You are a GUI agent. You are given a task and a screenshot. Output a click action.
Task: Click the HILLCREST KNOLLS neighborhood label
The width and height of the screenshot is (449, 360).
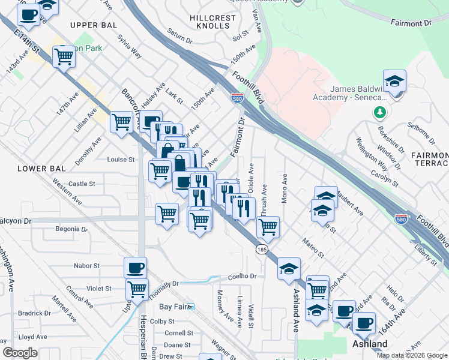[212, 23]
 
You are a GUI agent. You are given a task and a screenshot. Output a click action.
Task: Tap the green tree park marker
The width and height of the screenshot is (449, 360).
[379, 112]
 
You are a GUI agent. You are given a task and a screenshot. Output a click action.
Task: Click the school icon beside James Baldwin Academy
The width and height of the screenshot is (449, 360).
[394, 82]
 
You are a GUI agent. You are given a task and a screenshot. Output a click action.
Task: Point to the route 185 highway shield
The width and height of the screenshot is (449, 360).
[262, 248]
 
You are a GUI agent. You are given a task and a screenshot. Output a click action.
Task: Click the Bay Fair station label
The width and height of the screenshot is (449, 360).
[173, 307]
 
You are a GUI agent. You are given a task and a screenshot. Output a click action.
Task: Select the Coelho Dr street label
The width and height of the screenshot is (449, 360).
[242, 277]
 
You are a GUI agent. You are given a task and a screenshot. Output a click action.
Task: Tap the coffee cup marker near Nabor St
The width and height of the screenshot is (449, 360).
[136, 267]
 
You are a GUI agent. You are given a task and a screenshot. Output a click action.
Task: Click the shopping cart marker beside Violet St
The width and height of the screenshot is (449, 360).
[137, 290]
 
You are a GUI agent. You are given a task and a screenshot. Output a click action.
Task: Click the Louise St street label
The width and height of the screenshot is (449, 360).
[121, 160]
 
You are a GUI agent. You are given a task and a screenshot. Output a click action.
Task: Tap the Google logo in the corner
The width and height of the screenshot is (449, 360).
[20, 353]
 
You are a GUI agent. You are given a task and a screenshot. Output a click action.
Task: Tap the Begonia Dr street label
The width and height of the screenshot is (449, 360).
[71, 229]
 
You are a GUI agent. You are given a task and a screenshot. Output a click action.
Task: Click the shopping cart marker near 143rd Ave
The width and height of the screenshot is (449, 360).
[64, 57]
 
